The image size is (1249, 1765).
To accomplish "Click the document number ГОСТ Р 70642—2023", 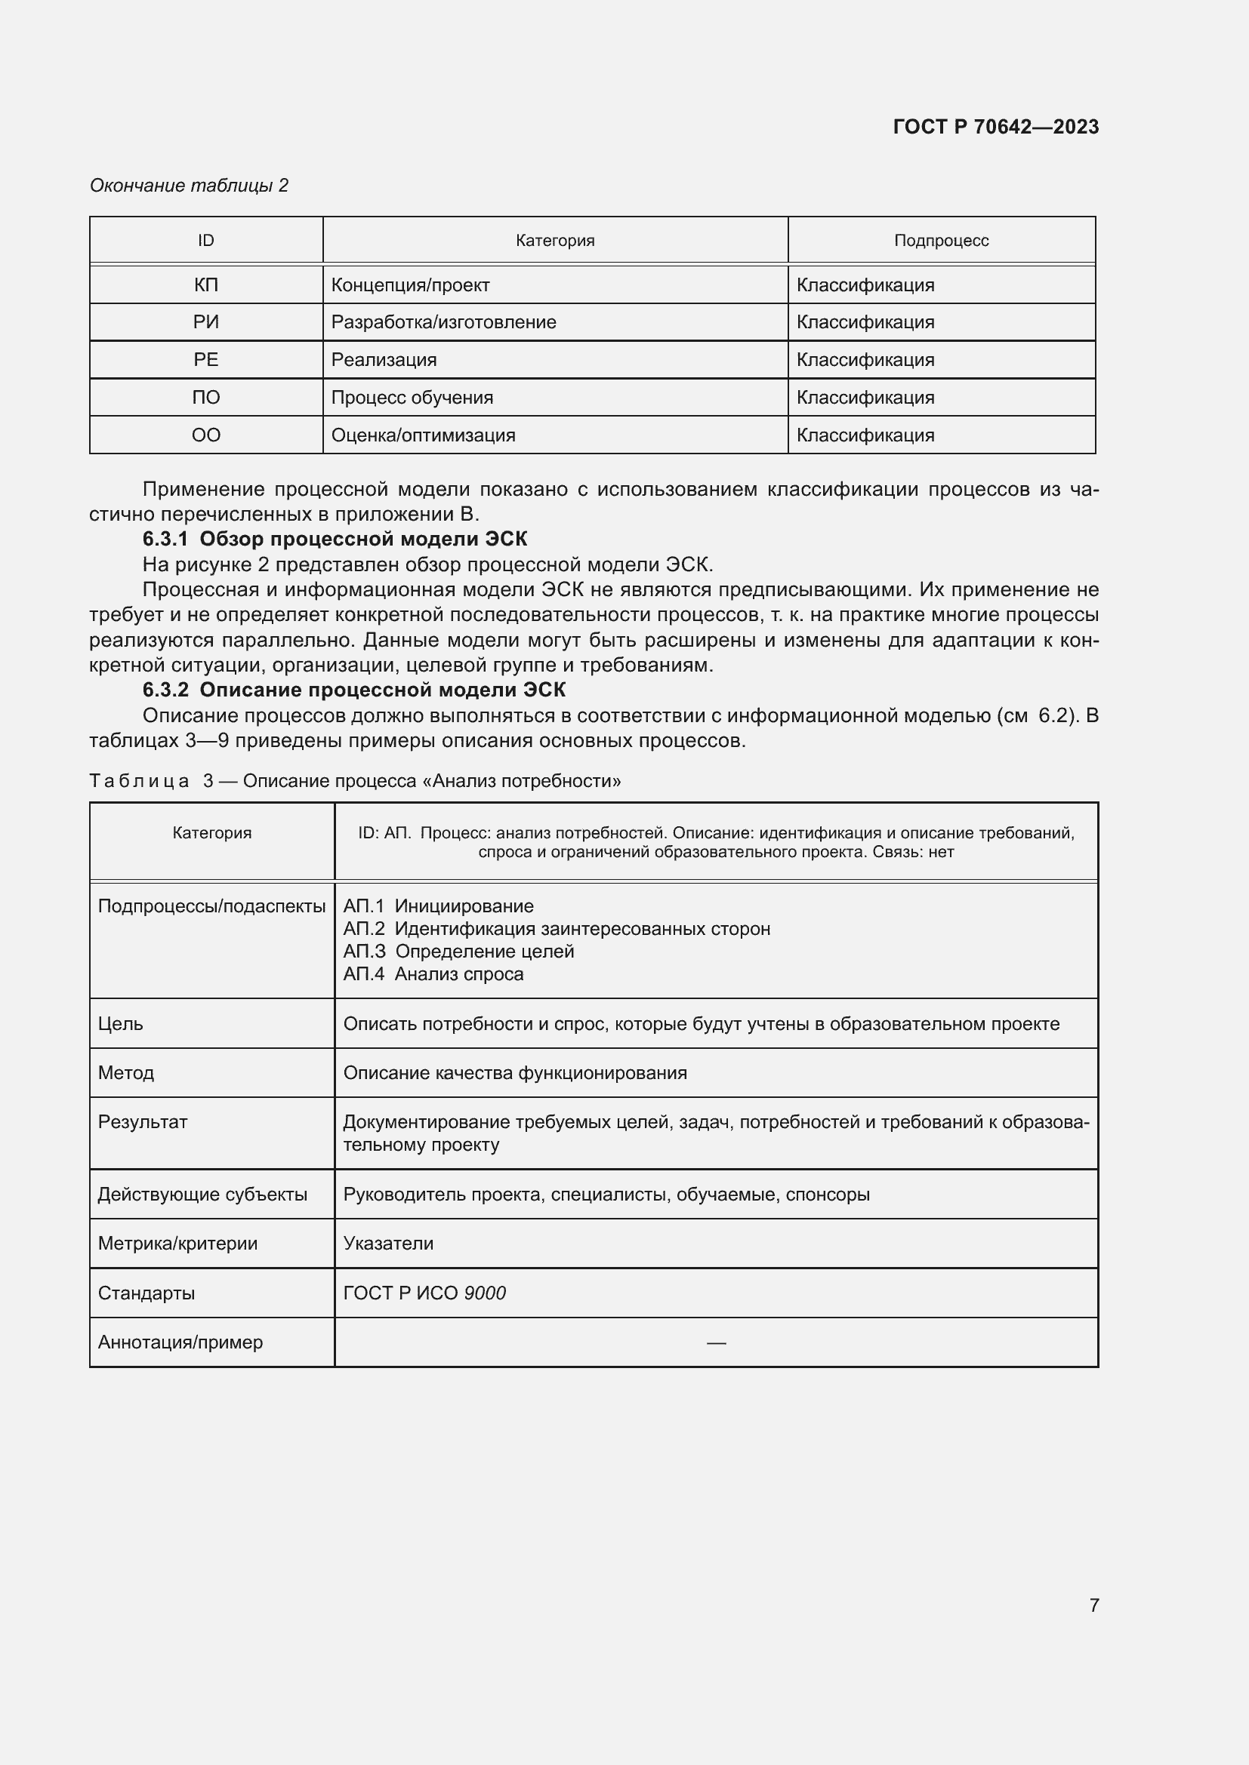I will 995,127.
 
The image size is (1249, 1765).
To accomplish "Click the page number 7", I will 1093,1604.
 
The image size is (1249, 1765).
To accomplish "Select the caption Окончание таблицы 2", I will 189,186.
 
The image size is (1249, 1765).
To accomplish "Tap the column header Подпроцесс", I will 941,241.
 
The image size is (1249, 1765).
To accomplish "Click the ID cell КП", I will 205,285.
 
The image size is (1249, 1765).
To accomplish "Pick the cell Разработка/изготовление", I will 443,322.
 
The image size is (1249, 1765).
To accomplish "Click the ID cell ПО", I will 205,398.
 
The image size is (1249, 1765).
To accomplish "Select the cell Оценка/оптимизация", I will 423,435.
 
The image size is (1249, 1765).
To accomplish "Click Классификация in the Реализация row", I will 865,360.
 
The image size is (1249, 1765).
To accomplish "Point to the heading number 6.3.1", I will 165,539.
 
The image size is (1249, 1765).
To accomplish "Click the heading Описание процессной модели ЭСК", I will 382,690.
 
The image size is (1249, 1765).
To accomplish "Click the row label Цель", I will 121,1024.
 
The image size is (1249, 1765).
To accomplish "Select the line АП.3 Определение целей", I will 458,952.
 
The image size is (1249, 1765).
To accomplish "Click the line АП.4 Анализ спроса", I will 433,974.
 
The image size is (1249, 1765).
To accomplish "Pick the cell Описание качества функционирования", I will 514,1072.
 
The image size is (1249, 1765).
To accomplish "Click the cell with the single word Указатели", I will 388,1243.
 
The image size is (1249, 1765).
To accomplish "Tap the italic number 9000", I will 485,1293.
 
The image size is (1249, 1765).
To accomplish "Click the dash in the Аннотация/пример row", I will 715,1342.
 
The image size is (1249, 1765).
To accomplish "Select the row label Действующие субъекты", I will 202,1194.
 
